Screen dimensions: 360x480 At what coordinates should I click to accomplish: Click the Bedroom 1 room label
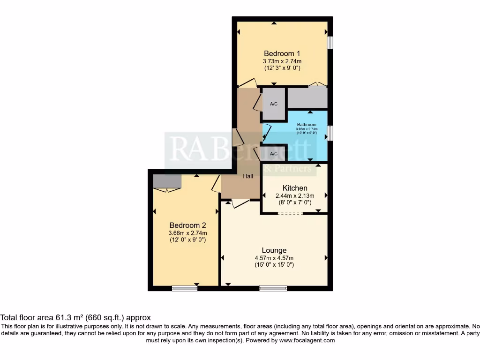[x=282, y=53]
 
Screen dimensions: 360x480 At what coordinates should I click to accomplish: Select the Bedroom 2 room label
[x=188, y=225]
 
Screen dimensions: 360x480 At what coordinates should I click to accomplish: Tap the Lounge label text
[x=274, y=250]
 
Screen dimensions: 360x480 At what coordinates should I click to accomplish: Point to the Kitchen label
[x=295, y=188]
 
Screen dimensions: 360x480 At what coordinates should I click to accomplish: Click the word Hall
[x=247, y=176]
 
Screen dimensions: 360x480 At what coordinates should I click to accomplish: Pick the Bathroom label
[x=307, y=125]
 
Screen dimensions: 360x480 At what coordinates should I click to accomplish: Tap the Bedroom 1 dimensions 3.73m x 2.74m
[x=282, y=61]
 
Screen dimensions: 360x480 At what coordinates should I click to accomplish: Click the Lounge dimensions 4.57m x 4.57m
[x=274, y=258]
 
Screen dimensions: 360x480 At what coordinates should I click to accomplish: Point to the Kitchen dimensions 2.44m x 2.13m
[x=295, y=195]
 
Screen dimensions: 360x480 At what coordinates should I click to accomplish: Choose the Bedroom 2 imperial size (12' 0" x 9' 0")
[x=188, y=240]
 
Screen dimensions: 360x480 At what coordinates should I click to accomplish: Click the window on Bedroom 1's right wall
[x=330, y=42]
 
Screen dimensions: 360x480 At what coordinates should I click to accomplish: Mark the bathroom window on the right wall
[x=330, y=133]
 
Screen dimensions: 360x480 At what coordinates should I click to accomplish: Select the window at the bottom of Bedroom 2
[x=184, y=288]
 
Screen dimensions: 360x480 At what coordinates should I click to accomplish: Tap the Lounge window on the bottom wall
[x=273, y=288]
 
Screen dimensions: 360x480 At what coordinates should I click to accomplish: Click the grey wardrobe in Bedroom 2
[x=166, y=181]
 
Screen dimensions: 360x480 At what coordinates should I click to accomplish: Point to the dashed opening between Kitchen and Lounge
[x=290, y=213]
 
